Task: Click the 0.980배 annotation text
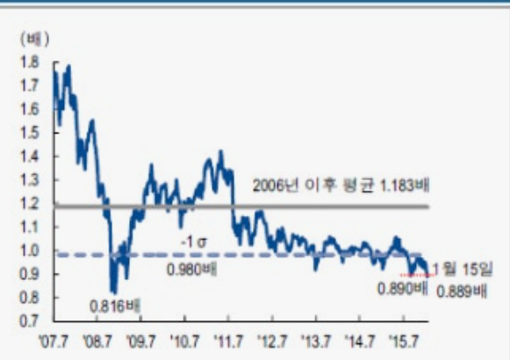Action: [x=191, y=267]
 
